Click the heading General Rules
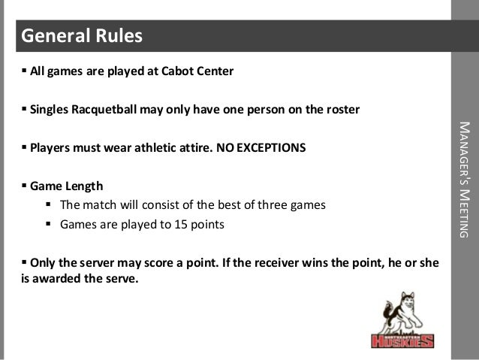(x=80, y=36)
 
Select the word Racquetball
(x=105, y=110)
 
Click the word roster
(x=342, y=110)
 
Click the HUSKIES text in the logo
(x=403, y=341)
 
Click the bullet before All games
(x=24, y=73)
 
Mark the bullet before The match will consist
(x=50, y=205)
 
